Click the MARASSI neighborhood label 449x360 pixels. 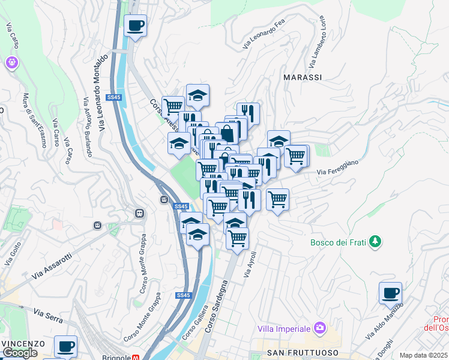pyautogui.click(x=303, y=77)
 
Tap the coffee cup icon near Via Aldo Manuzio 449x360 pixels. pyautogui.click(x=390, y=294)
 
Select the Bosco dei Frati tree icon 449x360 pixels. pyautogui.click(x=376, y=241)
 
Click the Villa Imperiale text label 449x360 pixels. pyautogui.click(x=284, y=328)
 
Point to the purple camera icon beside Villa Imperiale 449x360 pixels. pyautogui.click(x=320, y=328)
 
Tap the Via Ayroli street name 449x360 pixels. pyautogui.click(x=250, y=263)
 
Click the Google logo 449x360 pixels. pyautogui.click(x=20, y=353)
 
